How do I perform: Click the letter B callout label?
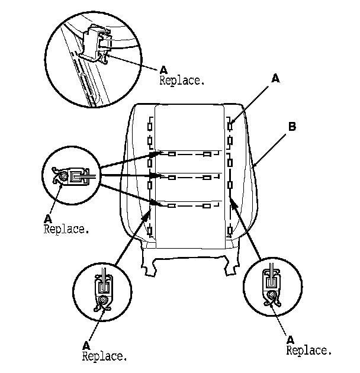[x=292, y=126]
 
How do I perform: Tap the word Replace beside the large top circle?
[x=182, y=80]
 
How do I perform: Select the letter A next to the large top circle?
[x=163, y=68]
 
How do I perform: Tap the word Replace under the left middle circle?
[x=66, y=229]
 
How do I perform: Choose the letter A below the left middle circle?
[x=47, y=217]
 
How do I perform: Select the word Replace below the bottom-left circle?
[x=104, y=356]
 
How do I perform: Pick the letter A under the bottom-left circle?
[x=86, y=345]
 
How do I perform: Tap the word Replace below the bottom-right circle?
[x=308, y=351]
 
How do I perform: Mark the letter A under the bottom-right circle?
[x=290, y=339]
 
